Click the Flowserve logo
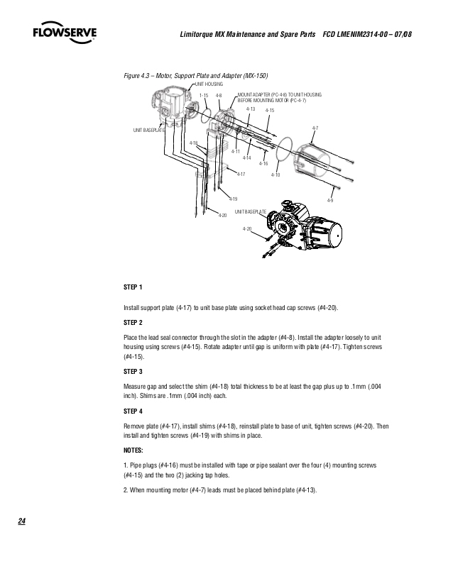65,33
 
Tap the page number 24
22,522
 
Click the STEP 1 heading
133,287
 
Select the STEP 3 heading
133,371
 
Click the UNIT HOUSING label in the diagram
209,83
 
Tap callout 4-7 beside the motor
315,128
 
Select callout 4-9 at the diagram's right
329,201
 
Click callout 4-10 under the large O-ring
276,175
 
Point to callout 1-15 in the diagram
203,95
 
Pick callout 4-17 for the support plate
241,174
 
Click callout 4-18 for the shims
193,143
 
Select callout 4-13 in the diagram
251,109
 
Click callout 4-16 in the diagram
263,164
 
